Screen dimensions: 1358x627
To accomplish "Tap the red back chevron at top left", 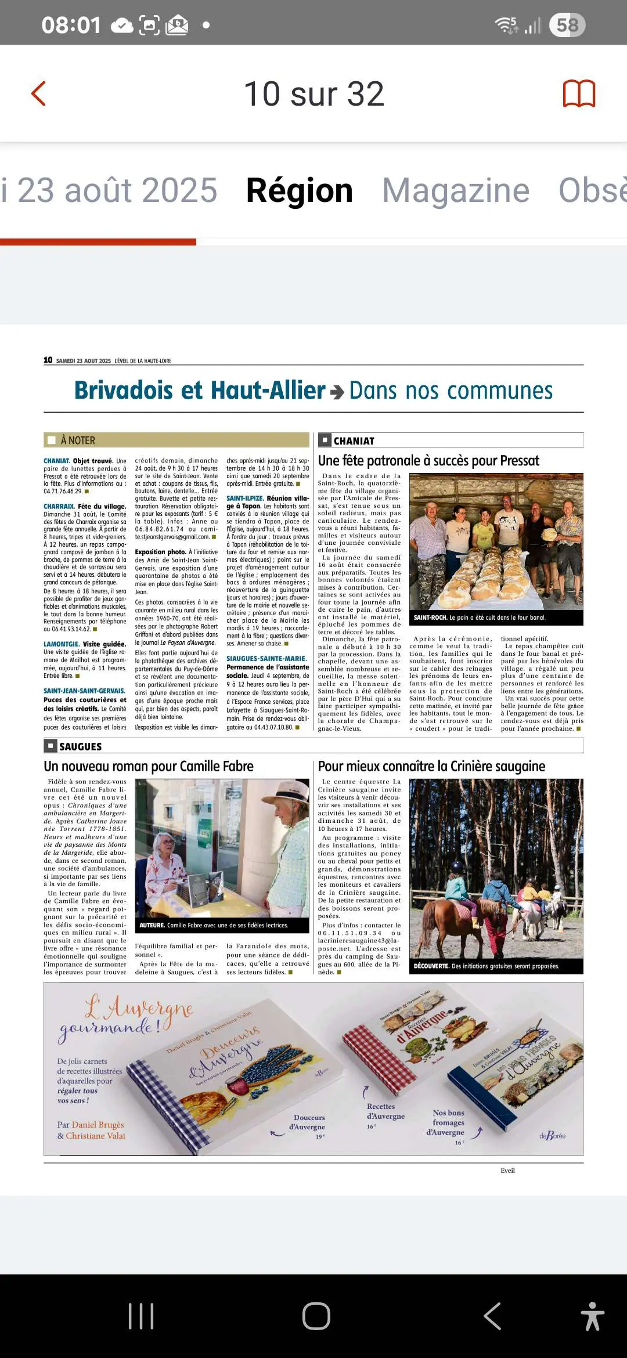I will (38, 93).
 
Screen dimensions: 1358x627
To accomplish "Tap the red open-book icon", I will (579, 93).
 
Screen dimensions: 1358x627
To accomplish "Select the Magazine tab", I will (456, 190).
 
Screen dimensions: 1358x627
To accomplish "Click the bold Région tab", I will (299, 190).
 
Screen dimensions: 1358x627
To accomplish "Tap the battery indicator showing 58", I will (567, 25).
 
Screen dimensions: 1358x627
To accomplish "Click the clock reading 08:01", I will (71, 25).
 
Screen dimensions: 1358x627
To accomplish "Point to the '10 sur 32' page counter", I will (313, 93).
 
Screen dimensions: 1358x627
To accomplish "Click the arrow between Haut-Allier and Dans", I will (337, 392).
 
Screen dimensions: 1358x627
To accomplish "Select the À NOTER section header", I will (78, 440).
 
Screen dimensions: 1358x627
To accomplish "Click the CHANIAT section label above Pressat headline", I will (354, 440).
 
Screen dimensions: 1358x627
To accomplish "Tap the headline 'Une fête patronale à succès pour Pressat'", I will (428, 461).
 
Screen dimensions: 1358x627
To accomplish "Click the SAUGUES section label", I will (80, 746).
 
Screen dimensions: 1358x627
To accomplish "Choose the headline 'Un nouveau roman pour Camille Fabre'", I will (149, 766).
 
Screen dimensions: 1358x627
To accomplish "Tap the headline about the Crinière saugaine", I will (431, 766).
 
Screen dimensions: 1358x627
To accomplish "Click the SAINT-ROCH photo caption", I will (479, 617).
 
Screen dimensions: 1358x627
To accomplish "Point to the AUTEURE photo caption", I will (213, 925).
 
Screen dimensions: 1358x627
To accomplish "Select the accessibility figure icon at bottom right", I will (592, 1316).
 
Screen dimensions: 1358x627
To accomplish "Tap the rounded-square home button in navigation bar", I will (316, 1316).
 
